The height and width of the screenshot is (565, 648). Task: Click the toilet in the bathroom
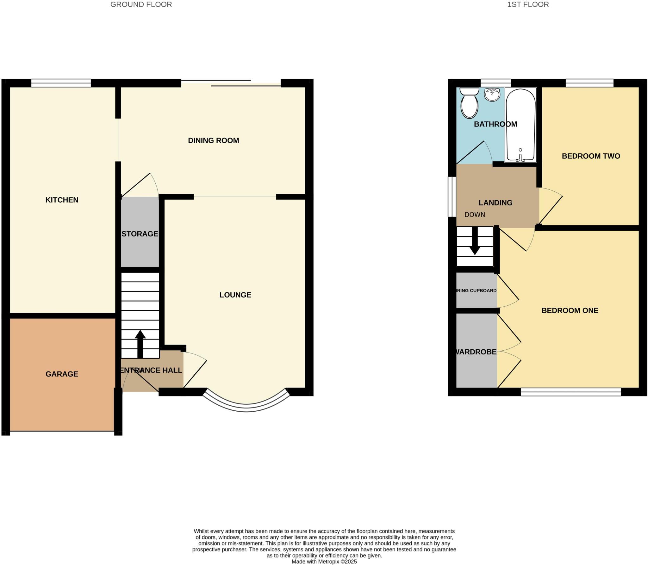coord(469,103)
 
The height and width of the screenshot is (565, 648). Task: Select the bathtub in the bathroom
coord(520,125)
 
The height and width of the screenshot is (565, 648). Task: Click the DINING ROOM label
coord(213,140)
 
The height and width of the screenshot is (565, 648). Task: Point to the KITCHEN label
coord(62,200)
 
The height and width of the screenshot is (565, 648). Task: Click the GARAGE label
coord(62,374)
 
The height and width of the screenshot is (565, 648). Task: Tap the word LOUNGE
coord(235,295)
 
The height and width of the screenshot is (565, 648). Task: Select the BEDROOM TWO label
coord(591,156)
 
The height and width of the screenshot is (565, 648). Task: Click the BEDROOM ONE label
coord(570,310)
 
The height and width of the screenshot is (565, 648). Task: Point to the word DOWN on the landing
coord(475,215)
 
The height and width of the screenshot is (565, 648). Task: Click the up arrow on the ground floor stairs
coord(140,343)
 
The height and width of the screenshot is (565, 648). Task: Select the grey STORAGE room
coord(140,234)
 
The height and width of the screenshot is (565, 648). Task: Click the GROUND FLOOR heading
coord(141,4)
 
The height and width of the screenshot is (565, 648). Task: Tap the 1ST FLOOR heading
coord(528,4)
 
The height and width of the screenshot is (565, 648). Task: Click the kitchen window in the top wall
coord(61,83)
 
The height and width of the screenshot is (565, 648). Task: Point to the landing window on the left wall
coord(452,197)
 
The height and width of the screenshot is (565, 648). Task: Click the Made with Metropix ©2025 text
coord(324,562)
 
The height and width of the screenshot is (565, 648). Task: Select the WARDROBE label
coord(476,352)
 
